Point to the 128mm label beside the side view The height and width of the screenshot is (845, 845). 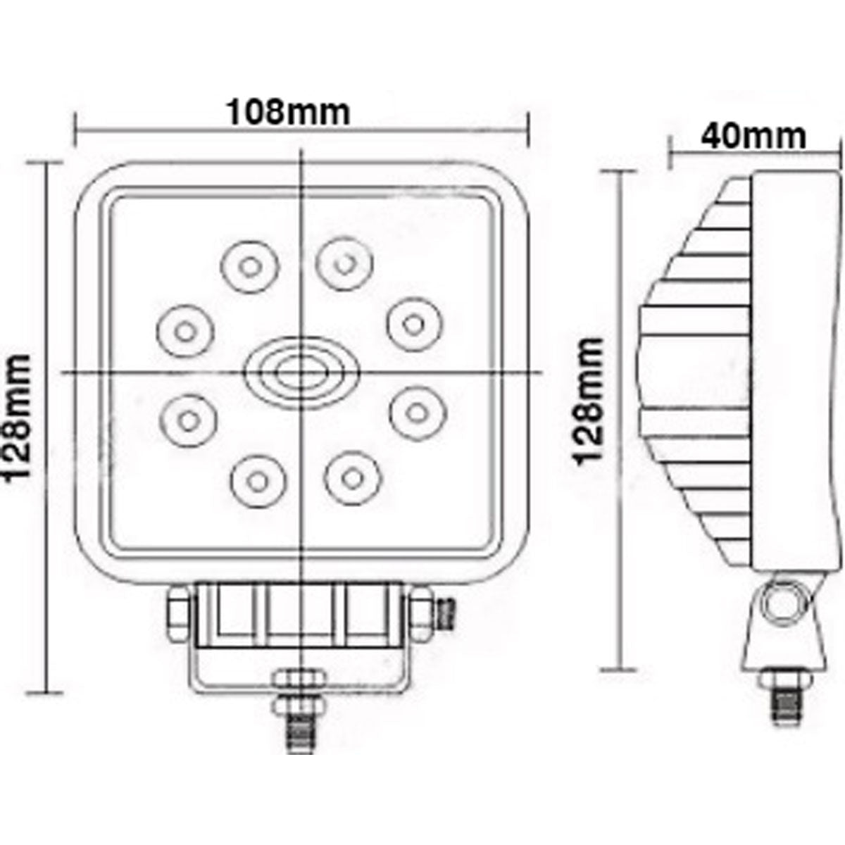pos(590,402)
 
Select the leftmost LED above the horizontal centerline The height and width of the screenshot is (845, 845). pos(183,330)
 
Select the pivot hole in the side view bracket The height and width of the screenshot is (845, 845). pos(783,603)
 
